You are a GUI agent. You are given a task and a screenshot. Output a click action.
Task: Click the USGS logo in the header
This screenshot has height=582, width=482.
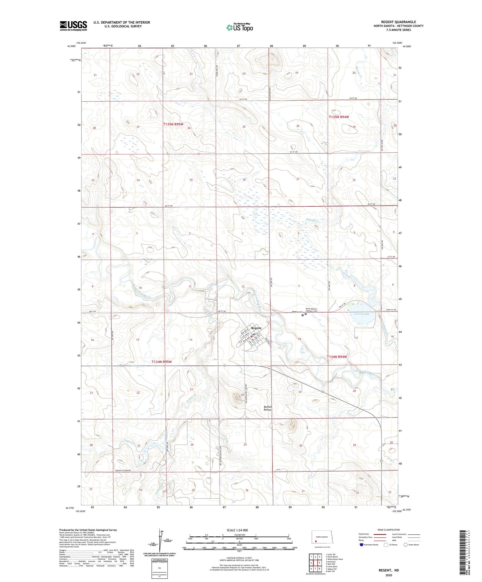[73, 26]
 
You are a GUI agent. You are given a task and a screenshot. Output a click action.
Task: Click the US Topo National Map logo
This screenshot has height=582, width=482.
[239, 27]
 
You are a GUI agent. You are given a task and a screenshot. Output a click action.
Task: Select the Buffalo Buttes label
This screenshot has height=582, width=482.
[268, 408]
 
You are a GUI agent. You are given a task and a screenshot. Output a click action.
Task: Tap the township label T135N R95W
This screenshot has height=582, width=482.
[173, 124]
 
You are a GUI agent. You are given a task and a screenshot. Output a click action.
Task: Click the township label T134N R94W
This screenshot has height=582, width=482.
[337, 357]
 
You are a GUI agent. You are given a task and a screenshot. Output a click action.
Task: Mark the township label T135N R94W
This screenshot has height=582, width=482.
[339, 117]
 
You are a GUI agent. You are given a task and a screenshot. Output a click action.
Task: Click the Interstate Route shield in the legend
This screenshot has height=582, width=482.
[362, 545]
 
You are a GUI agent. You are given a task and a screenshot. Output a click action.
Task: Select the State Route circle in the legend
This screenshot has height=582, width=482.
[406, 545]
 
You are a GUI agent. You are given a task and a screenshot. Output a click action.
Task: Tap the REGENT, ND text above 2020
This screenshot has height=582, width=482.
[389, 570]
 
